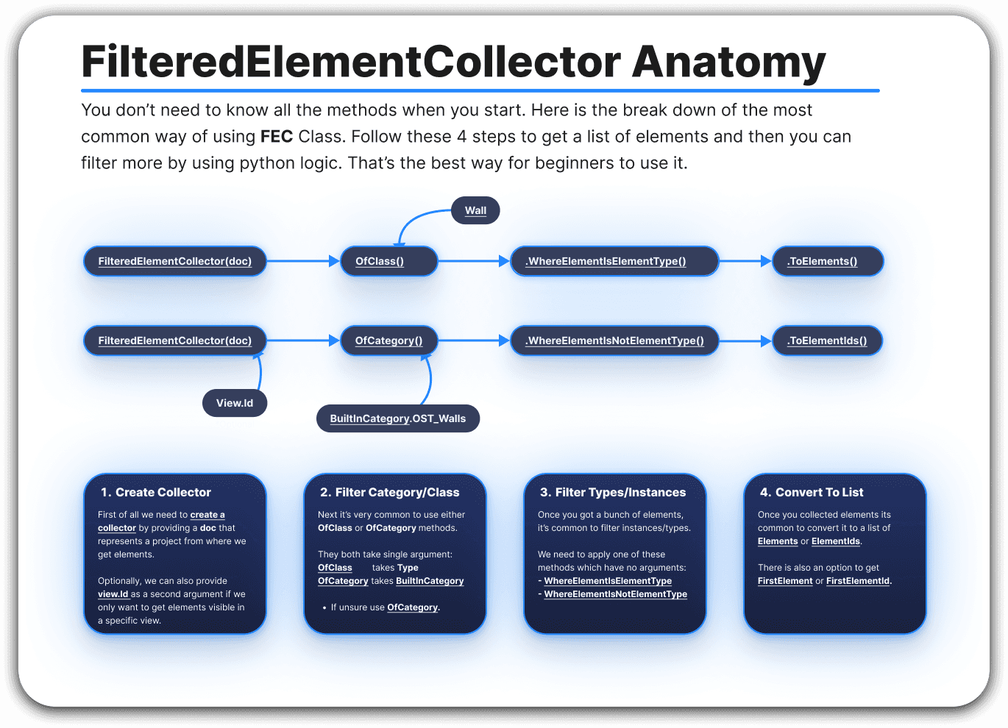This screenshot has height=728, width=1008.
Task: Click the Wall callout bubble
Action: coord(475,210)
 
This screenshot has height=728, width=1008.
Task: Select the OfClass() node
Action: coord(388,261)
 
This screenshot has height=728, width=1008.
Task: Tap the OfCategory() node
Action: coord(388,340)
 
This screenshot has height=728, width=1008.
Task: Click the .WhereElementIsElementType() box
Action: coord(614,261)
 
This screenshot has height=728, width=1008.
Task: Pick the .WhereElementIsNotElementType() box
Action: coord(614,340)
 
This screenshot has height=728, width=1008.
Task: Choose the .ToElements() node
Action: coord(827,261)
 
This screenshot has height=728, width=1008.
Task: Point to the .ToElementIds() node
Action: coord(827,340)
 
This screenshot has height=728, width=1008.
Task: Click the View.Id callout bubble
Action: coord(235,403)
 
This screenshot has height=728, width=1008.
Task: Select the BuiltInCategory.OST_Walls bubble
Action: coord(398,418)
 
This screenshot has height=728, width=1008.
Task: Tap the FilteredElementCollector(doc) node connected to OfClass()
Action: coord(175,261)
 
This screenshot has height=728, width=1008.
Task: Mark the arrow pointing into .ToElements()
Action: coord(745,261)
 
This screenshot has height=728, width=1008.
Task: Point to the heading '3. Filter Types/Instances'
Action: coord(613,493)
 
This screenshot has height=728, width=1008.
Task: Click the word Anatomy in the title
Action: coord(728,62)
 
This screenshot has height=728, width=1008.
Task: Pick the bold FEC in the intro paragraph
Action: coord(277,137)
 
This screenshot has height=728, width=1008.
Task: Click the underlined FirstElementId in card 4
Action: coord(858,581)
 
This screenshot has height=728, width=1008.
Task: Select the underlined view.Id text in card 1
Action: coord(113,594)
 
